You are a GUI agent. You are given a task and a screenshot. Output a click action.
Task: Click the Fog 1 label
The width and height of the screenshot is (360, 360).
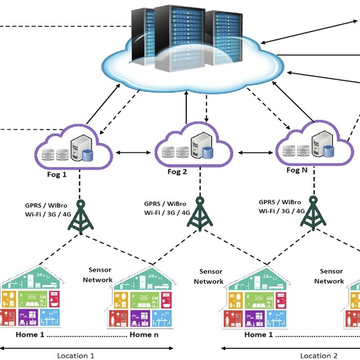click(57, 174)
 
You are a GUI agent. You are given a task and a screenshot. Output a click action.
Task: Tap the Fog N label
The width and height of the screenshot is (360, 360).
click(296, 170)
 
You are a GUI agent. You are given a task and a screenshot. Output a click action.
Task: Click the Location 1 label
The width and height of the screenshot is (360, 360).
click(76, 355)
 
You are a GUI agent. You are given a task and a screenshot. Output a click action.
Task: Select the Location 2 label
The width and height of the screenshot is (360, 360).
click(318, 355)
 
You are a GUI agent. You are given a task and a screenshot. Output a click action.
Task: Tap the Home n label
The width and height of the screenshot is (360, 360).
click(141, 335)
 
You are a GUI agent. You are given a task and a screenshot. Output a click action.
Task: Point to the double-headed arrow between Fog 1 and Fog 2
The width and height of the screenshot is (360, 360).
click(135, 152)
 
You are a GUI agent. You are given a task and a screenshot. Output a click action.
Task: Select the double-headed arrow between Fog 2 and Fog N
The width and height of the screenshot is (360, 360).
click(256, 152)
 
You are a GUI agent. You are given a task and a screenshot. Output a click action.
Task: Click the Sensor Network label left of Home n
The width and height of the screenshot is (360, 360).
click(98, 274)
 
